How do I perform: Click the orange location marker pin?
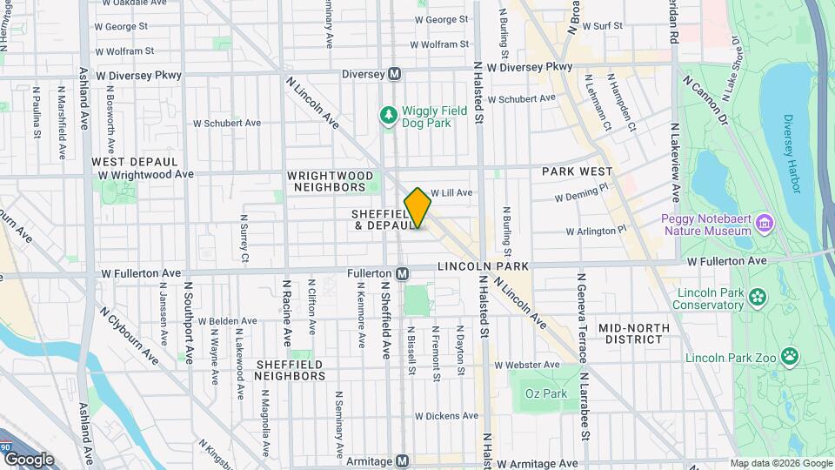coord(417,208)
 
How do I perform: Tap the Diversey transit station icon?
coord(394,75)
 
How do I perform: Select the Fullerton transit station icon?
coord(404,273)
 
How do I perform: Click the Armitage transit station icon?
coord(403,461)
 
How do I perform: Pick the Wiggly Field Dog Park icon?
coord(388,115)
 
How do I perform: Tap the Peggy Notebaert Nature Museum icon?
coord(764,224)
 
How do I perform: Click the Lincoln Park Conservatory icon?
coord(758,298)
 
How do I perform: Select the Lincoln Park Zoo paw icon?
coord(789,356)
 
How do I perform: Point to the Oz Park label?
coord(546,394)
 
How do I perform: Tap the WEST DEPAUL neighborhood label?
coord(135,162)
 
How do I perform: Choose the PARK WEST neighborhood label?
coord(578,171)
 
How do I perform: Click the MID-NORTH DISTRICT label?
coord(634,334)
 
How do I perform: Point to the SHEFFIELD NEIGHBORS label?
coord(290,370)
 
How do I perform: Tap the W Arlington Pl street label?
coord(596,231)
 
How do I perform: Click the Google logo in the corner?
coord(29,459)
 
